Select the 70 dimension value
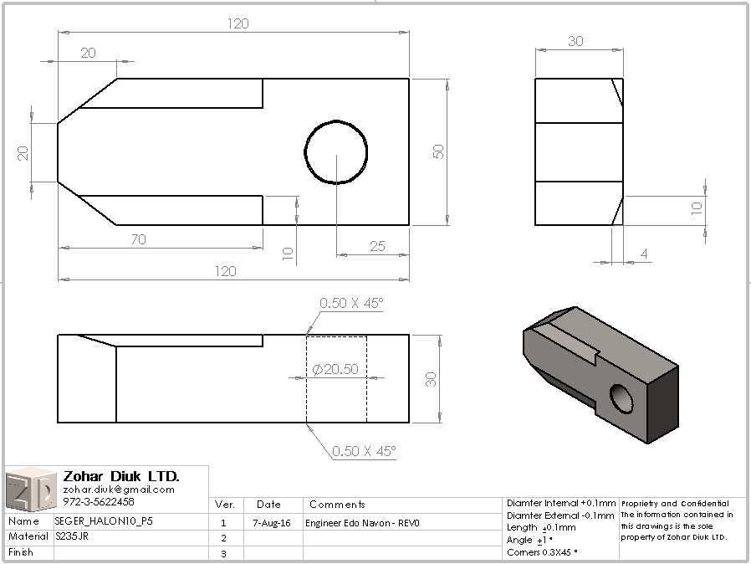pos(139,239)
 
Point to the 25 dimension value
pos(377,246)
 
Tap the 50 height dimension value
pos(438,151)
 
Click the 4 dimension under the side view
pos(644,254)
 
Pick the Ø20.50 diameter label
pos(335,369)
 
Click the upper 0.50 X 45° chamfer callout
pos(351,303)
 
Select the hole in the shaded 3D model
pos(622,398)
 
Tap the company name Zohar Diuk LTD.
pos(121,476)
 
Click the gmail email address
pos(119,490)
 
